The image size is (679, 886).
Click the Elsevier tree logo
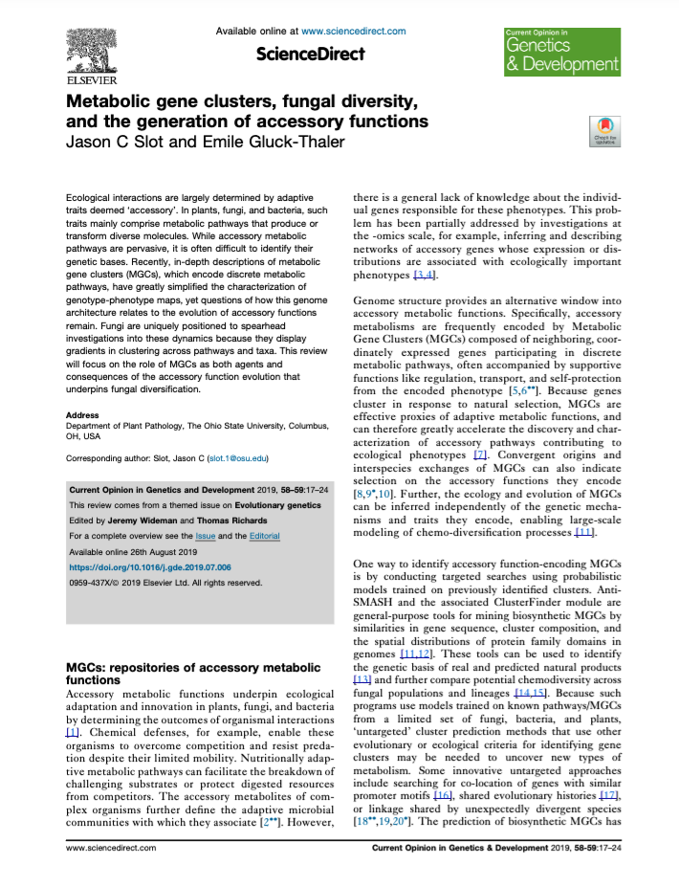(99, 49)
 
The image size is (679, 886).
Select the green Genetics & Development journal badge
(561, 52)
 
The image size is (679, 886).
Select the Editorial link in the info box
(264, 536)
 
